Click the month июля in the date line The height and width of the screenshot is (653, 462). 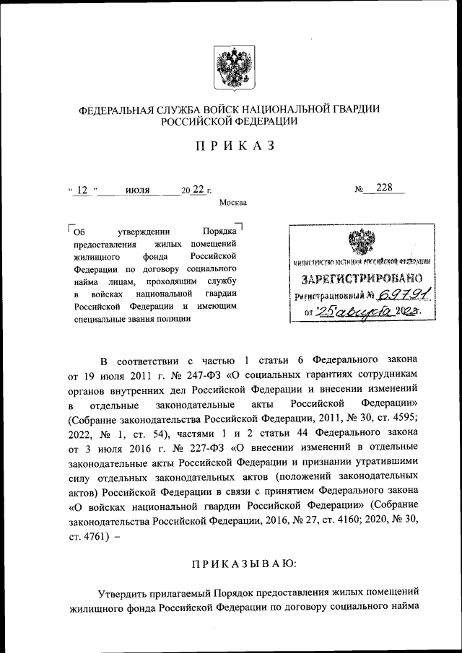[x=137, y=190]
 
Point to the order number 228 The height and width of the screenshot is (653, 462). [x=383, y=188]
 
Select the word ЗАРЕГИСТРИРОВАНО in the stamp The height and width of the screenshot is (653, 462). [x=358, y=279]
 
